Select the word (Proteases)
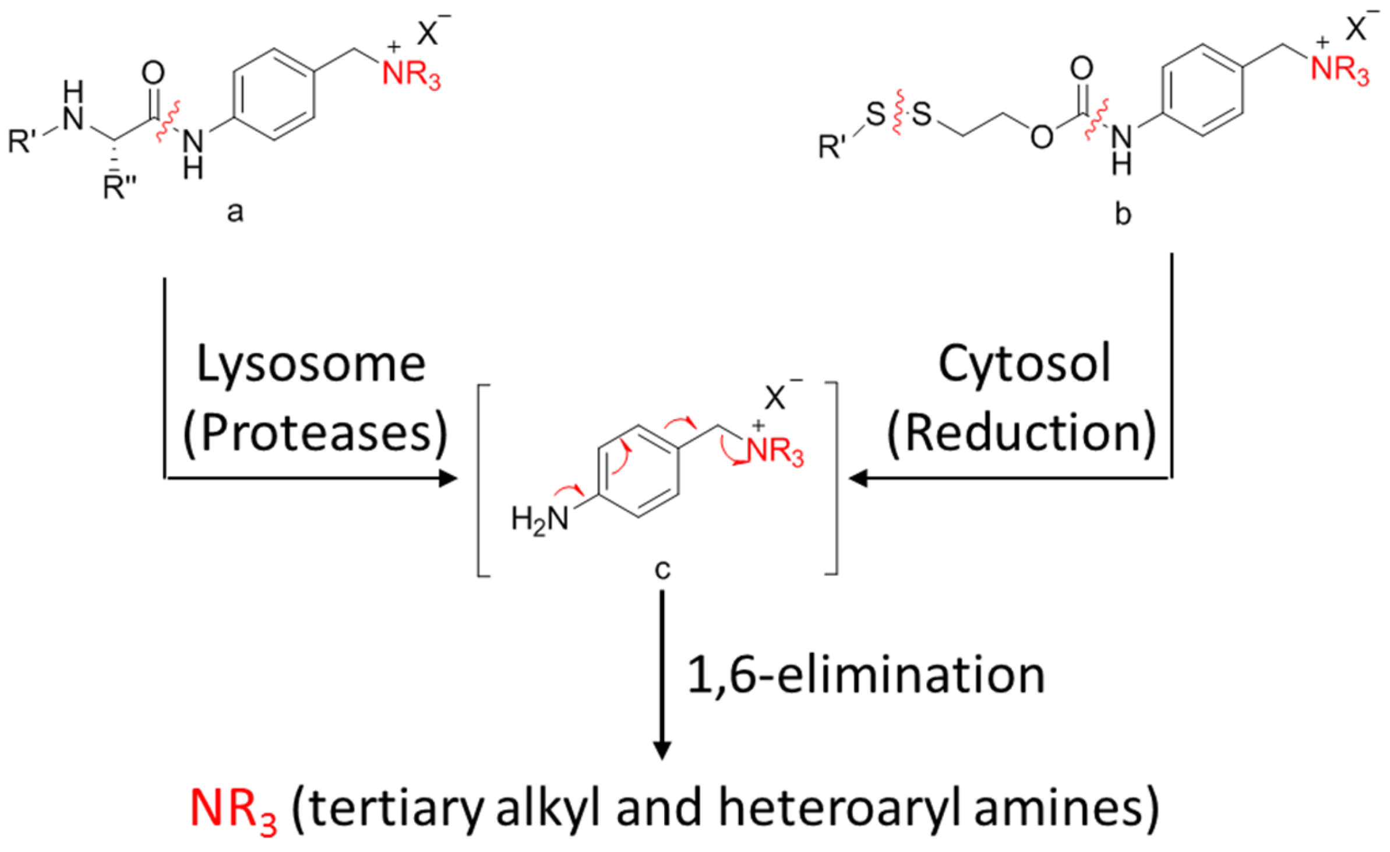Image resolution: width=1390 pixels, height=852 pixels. point(315,433)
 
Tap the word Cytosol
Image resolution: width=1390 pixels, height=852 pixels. point(1024,364)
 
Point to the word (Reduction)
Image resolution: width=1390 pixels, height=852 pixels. point(1021,433)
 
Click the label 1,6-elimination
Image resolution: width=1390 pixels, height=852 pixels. point(866,675)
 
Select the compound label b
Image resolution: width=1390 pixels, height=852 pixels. point(1123,214)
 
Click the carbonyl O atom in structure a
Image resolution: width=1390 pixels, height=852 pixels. point(153,73)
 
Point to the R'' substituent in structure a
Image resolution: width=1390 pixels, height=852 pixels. point(119,187)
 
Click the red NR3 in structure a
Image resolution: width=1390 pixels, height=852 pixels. point(411,75)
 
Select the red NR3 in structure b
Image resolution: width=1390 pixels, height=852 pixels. point(1339,71)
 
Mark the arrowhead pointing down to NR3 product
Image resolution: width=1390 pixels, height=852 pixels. point(662,751)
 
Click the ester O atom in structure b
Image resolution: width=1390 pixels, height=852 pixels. point(1042,138)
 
